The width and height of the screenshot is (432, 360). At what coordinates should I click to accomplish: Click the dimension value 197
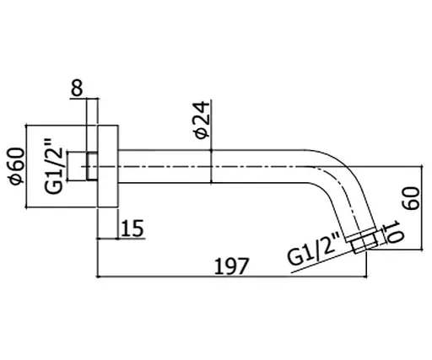(231, 266)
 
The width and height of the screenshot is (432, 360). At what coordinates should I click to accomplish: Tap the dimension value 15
(132, 228)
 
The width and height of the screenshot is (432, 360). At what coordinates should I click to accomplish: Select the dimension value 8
(77, 88)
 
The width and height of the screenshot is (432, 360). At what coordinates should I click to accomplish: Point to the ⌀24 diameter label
(202, 121)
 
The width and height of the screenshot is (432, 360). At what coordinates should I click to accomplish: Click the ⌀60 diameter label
(17, 166)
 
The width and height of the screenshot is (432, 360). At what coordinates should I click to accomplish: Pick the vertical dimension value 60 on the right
(411, 198)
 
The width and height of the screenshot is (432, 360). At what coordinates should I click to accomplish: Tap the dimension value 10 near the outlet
(393, 232)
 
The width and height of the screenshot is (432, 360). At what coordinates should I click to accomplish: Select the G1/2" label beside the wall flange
(53, 166)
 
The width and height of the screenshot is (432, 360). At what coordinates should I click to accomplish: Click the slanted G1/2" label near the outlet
(314, 249)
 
